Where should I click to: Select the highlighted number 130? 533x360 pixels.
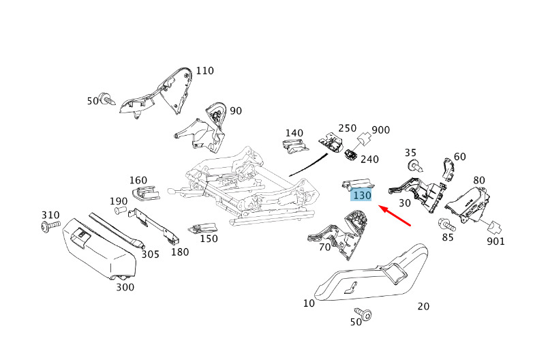(x=361, y=195)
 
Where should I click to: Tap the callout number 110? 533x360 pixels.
(x=204, y=71)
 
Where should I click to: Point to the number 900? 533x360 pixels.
(x=380, y=130)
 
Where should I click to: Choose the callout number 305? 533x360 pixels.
(x=150, y=254)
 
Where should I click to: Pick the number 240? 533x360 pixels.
(x=369, y=160)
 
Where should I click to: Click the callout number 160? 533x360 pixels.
(x=138, y=181)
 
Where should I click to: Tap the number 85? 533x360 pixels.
(x=447, y=237)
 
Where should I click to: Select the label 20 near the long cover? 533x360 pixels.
(x=423, y=306)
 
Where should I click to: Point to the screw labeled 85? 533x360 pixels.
(x=446, y=223)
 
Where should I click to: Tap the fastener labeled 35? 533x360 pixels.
(x=413, y=165)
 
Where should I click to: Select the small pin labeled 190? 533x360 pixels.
(x=119, y=211)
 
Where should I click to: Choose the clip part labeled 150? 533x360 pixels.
(x=202, y=228)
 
